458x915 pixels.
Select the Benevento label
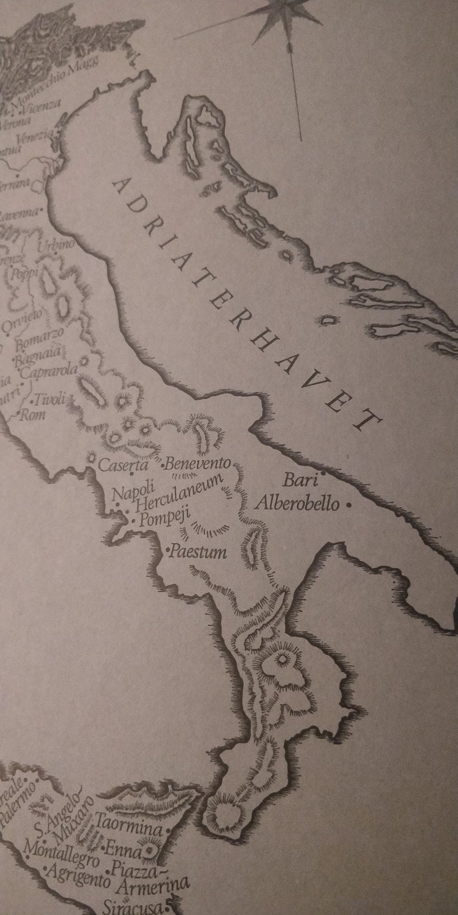(198, 464)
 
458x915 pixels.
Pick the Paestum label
(198, 553)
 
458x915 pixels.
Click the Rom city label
(33, 414)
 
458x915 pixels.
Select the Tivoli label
(51, 399)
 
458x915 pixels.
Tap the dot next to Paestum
(167, 550)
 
